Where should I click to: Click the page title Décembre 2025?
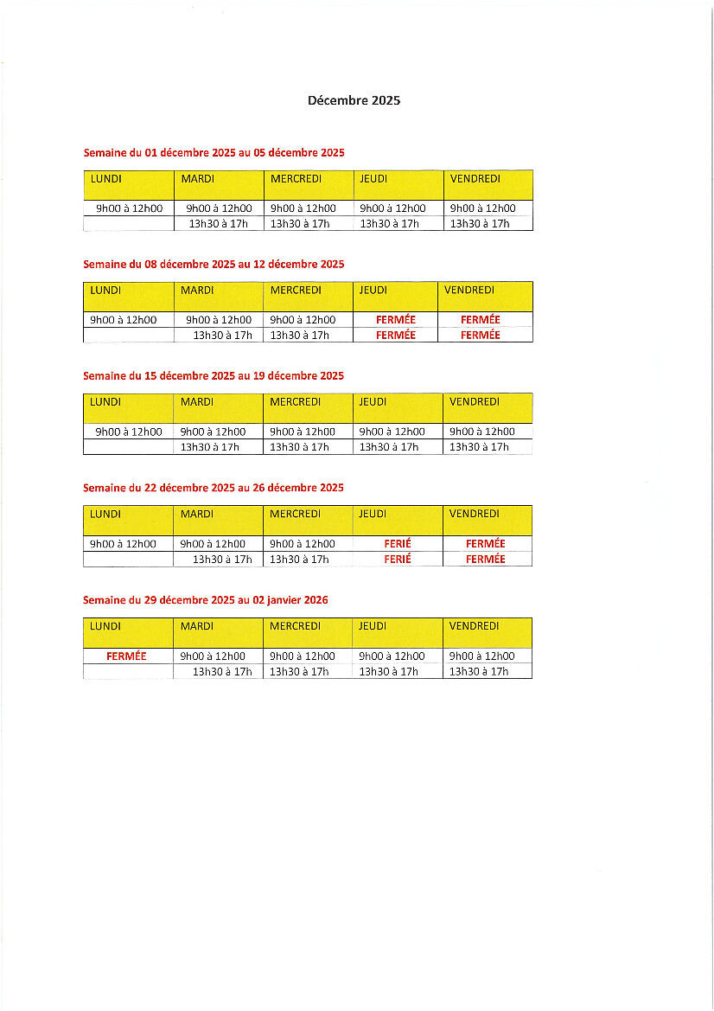pos(354,100)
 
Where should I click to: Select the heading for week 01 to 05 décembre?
pos(214,153)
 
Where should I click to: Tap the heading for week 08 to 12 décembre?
pos(214,265)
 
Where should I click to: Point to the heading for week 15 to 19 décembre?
pos(214,376)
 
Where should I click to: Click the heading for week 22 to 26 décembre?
pos(214,488)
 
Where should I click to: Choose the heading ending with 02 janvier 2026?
pos(206,600)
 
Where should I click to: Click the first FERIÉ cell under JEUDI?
pos(398,544)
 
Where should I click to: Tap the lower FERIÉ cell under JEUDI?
pos(398,560)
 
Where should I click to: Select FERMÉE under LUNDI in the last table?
pos(126,656)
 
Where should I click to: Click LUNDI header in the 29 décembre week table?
pos(105,626)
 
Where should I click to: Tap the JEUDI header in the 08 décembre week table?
pos(373,291)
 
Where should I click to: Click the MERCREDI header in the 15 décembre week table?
pos(295,402)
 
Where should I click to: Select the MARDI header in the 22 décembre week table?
pos(197,514)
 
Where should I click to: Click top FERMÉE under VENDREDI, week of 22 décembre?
pos(485,544)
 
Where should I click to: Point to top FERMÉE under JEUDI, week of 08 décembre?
pos(396,320)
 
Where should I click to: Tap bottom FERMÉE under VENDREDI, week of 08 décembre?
pos(481,336)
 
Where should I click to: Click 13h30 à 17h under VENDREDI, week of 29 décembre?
pos(479,671)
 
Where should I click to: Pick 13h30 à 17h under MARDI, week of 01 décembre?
pos(220,224)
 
